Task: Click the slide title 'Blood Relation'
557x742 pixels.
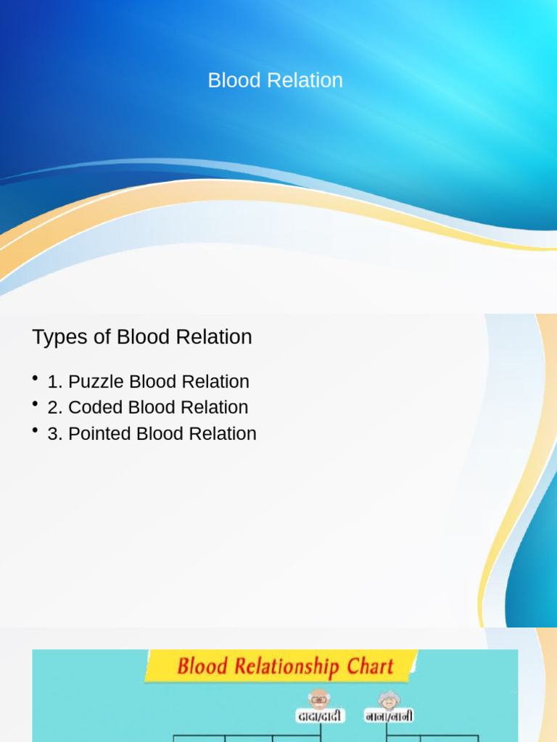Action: point(275,80)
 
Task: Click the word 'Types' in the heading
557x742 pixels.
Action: point(59,338)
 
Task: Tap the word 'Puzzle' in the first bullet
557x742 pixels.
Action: point(96,382)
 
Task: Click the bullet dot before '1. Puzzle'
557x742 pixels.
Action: point(35,379)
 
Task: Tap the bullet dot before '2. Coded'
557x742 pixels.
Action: point(35,404)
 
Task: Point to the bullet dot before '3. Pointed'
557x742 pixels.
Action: point(35,430)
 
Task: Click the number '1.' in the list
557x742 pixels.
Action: point(55,382)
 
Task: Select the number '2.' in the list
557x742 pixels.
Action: point(55,408)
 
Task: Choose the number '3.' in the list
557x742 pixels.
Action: point(55,434)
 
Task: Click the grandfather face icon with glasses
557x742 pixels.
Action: point(318,699)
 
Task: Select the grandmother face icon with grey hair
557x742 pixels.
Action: point(389,699)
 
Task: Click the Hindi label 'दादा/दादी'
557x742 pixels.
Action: point(320,716)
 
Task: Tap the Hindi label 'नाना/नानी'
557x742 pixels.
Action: point(389,716)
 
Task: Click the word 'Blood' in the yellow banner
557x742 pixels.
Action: point(202,666)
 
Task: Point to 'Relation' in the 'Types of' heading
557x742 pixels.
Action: point(218,338)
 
